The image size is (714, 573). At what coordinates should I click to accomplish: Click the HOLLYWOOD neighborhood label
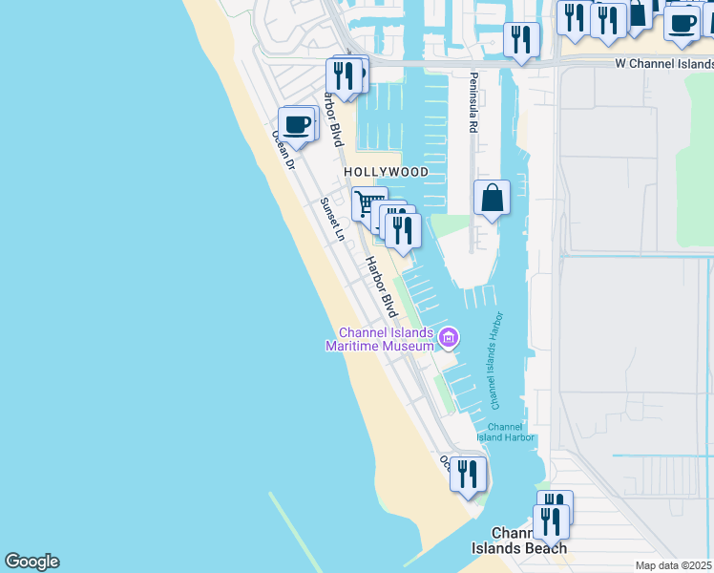click(x=387, y=172)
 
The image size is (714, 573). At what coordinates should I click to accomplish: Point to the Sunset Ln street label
click(x=331, y=219)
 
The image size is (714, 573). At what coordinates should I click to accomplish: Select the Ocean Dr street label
click(x=283, y=150)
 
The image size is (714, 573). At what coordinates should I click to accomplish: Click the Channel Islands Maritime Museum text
click(x=377, y=339)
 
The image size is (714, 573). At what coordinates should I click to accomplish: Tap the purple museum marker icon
click(x=448, y=337)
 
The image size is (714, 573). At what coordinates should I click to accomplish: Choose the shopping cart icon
click(x=366, y=203)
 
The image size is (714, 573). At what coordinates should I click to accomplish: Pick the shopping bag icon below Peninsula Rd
click(x=492, y=198)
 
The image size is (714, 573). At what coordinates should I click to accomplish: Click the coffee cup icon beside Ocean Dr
click(x=297, y=124)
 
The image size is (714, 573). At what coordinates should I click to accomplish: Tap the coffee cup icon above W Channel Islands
click(x=682, y=24)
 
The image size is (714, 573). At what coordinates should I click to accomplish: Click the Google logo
click(x=31, y=562)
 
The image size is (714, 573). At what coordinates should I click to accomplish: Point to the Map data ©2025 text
click(x=674, y=565)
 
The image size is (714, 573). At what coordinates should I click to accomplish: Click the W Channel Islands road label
click(x=664, y=63)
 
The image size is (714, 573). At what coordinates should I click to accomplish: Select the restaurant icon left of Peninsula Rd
click(x=521, y=39)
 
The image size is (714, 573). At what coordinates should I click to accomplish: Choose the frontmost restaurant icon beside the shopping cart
click(x=403, y=230)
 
